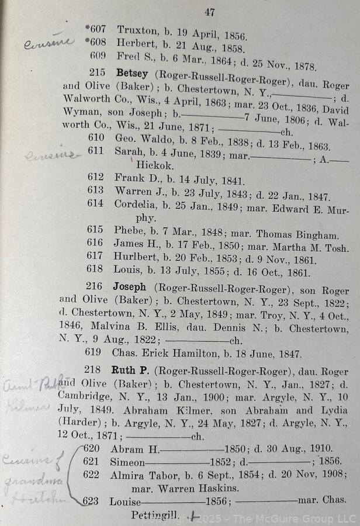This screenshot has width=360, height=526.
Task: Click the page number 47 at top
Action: point(210,12)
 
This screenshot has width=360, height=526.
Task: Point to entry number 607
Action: point(95,29)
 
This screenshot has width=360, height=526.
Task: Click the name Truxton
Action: point(135,29)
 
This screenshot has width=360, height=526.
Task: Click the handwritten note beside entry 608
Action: point(49,43)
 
